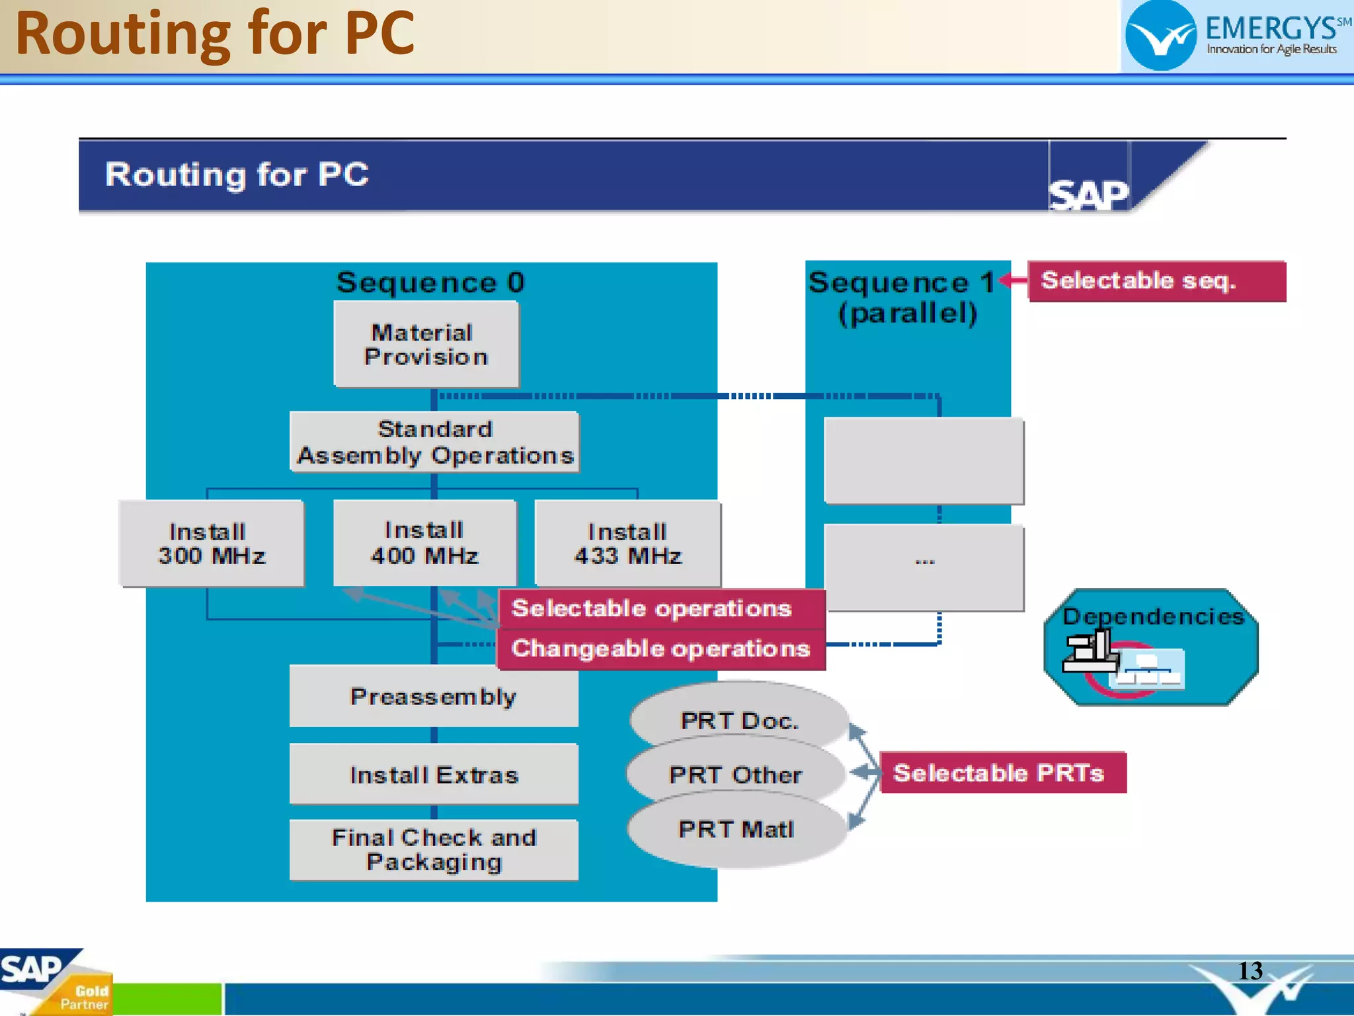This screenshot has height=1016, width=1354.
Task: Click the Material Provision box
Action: click(x=426, y=344)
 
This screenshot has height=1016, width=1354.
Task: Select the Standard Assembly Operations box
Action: click(x=434, y=442)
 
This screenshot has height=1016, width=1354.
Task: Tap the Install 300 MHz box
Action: click(x=212, y=543)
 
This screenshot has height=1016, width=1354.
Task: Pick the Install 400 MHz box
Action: click(x=424, y=543)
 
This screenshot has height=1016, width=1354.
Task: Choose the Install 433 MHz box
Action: click(x=627, y=544)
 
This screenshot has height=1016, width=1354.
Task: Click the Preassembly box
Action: click(x=434, y=696)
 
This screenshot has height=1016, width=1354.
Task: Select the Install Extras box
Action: click(x=434, y=774)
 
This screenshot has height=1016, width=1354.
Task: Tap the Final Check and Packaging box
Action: click(x=434, y=849)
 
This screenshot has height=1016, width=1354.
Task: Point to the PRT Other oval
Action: click(x=736, y=774)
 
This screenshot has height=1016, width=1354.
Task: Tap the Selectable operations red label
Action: click(x=661, y=608)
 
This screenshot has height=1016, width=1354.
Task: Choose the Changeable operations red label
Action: click(x=661, y=649)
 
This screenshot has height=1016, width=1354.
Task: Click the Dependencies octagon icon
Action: click(x=1151, y=648)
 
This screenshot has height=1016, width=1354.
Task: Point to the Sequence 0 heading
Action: click(x=430, y=282)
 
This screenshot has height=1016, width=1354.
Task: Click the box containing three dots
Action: click(x=924, y=568)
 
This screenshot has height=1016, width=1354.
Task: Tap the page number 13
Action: click(x=1250, y=970)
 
